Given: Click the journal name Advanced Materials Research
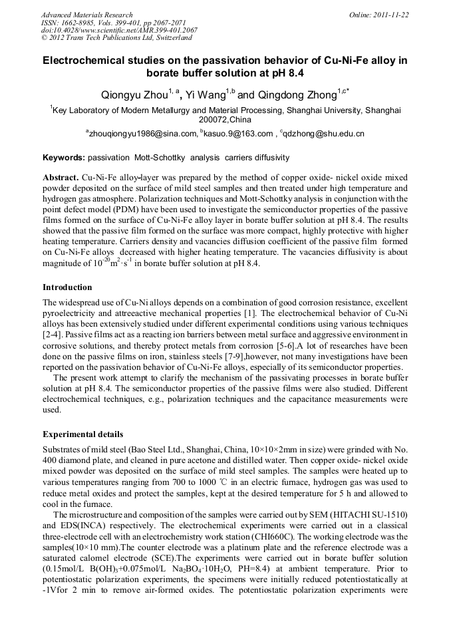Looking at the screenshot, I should (86, 15).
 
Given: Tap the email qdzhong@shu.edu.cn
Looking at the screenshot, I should (324, 134).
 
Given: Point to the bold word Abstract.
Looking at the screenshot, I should (60, 179).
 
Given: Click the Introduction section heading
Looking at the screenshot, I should (67, 287).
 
